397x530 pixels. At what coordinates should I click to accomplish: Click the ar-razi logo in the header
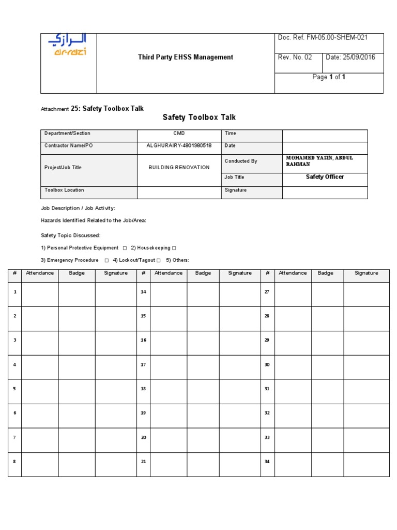68,45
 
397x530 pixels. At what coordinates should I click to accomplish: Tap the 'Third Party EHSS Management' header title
185,57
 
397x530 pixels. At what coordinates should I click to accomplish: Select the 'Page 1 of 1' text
329,77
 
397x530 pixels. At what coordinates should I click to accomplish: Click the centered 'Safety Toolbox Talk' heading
199,117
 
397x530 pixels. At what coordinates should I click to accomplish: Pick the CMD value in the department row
179,134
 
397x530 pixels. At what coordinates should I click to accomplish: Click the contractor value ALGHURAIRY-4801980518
179,146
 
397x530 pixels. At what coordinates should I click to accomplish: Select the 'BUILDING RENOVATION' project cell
179,168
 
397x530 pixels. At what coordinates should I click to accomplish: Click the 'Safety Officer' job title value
325,177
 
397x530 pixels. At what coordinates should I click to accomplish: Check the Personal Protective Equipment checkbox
125,248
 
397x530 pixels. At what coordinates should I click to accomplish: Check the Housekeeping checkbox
174,248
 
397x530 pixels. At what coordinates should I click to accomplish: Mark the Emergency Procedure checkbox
106,260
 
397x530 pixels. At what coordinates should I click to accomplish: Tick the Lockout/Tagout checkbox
159,260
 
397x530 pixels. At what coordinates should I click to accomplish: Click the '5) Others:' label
178,260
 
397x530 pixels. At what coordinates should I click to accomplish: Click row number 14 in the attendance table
143,292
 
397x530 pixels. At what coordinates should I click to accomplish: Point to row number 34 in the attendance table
267,462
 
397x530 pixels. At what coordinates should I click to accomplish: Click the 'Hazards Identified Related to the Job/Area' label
94,220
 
